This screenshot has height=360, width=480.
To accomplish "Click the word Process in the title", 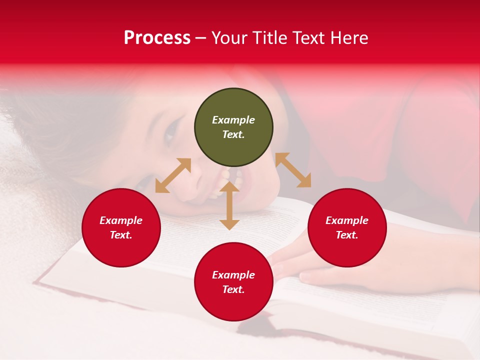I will (157, 38).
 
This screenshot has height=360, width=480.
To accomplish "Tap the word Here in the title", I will (348, 38).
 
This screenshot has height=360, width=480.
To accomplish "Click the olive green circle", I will (233, 127).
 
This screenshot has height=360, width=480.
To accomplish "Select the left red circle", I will (121, 227).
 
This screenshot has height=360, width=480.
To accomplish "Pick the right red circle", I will (347, 227).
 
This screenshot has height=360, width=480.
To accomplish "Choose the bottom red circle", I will (233, 282).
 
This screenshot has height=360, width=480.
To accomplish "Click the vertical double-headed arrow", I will (229, 205).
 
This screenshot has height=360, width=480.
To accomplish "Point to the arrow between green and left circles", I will (173, 175).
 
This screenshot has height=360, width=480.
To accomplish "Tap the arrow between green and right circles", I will (293, 170).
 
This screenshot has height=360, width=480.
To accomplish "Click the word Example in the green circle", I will (233, 120).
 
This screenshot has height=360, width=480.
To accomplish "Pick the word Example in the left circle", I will (121, 220).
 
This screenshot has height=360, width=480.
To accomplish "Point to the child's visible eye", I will (170, 132).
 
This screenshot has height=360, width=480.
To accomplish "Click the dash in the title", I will (201, 38).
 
